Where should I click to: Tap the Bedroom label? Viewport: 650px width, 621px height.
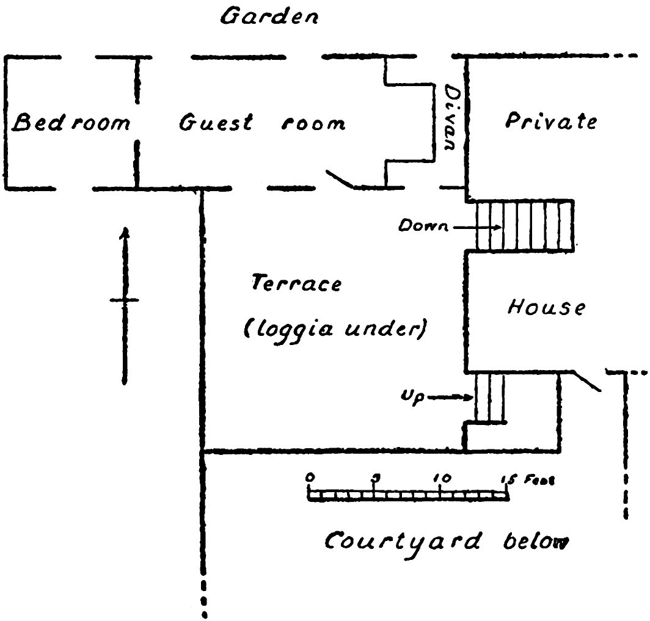[71, 123]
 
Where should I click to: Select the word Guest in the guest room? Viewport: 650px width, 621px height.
[216, 123]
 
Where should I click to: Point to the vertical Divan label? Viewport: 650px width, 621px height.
[450, 118]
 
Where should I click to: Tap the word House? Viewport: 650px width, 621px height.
[546, 307]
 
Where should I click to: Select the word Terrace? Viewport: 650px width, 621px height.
[296, 284]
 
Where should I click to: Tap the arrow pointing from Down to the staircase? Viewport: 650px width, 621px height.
[477, 227]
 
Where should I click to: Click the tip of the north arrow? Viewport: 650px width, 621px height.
[125, 230]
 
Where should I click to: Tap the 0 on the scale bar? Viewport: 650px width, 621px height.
[310, 478]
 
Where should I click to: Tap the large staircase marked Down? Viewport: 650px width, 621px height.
[524, 225]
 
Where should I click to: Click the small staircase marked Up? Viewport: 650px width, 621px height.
[490, 398]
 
